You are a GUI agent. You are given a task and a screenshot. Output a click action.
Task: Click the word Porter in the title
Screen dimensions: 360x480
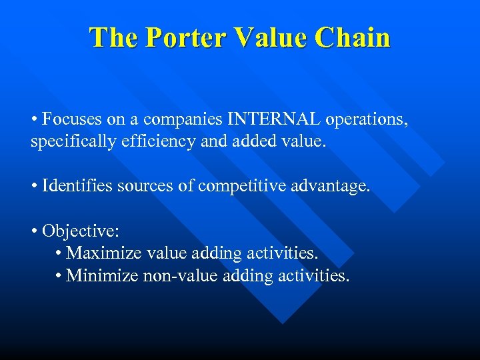(183, 37)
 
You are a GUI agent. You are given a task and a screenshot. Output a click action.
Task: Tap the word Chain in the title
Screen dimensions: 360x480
(353, 37)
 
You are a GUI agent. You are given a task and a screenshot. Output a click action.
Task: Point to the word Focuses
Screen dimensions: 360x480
(70, 119)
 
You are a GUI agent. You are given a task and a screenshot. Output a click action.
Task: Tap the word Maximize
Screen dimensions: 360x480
(101, 253)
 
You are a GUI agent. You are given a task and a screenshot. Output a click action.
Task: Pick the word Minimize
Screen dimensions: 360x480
(103, 275)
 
